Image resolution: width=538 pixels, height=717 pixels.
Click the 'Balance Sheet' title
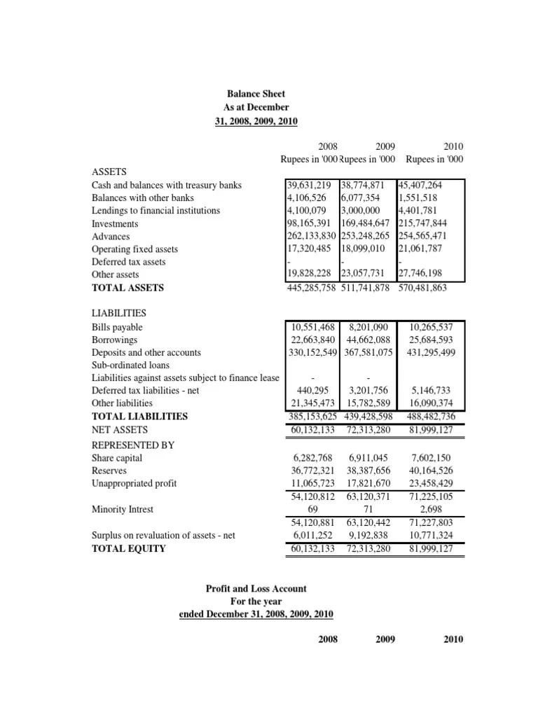tap(256, 93)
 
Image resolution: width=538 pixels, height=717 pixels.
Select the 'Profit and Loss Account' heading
tap(256, 589)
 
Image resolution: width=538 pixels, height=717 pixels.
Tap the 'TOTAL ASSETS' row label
tap(127, 288)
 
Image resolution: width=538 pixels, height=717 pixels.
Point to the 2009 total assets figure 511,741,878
tap(368, 288)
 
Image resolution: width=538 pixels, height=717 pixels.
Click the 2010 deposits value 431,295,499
tap(431, 353)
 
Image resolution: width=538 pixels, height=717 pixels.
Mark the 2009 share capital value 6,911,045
tap(368, 458)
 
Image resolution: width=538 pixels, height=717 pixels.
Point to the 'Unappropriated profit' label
tap(134, 484)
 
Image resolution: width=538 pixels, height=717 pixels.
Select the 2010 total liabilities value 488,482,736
tap(431, 416)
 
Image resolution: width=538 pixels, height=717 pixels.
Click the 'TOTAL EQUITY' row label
tap(129, 549)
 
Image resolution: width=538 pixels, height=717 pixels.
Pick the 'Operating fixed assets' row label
tap(134, 249)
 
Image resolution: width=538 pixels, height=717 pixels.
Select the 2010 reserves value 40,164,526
tap(431, 471)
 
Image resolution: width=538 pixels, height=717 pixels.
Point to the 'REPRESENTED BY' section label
tap(133, 445)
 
